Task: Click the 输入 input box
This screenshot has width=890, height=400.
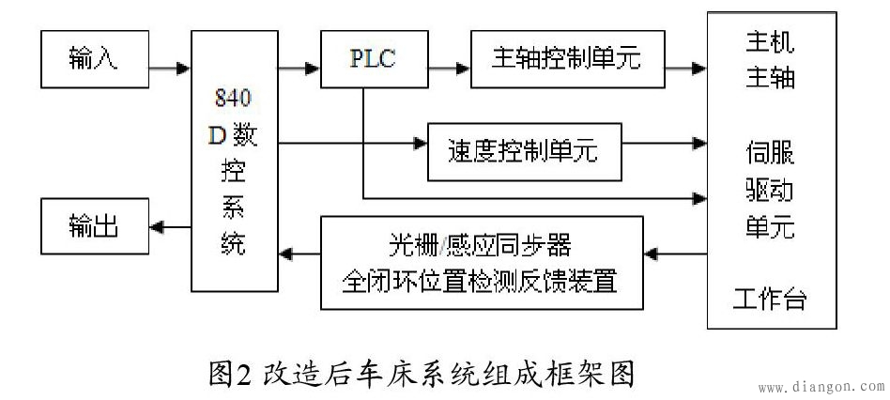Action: tap(93, 57)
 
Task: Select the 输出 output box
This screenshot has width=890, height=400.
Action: tap(93, 226)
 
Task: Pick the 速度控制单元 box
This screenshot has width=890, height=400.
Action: tap(525, 150)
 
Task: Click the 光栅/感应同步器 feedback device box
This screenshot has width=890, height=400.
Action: tap(482, 263)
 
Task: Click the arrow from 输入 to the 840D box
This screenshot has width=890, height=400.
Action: tap(169, 69)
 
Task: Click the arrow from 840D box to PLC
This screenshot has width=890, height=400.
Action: tap(299, 69)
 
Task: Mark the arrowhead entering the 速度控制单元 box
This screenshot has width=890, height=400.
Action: tap(418, 144)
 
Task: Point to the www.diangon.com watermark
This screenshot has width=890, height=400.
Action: tap(820, 387)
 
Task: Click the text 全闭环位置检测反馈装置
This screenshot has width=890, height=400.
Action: tap(482, 280)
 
